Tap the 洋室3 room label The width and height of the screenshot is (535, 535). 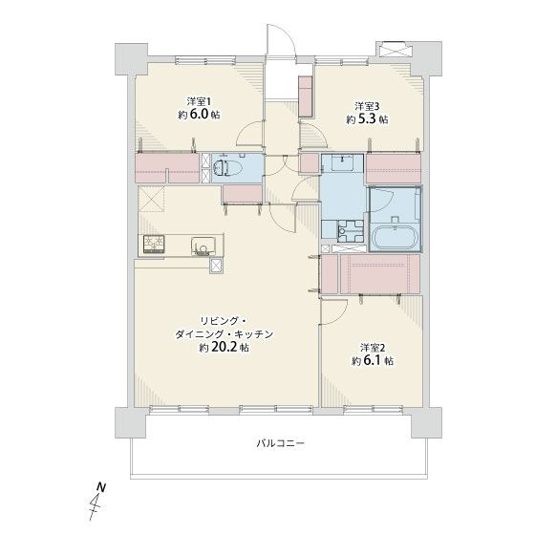click(x=368, y=105)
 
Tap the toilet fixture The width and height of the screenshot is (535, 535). click(x=225, y=168)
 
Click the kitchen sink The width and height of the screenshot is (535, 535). click(x=202, y=246)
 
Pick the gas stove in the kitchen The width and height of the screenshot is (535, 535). click(x=154, y=245)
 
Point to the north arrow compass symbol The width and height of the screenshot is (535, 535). click(x=97, y=503)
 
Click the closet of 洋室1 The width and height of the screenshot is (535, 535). click(x=167, y=169)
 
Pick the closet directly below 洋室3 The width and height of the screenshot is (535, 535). click(x=395, y=167)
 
